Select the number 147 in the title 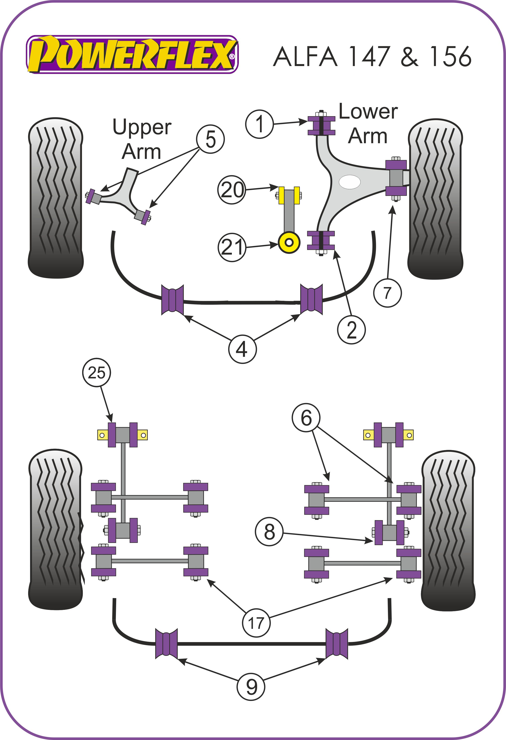tap(369, 57)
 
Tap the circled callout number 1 tap(260, 124)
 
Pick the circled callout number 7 tap(387, 293)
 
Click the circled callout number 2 tap(351, 330)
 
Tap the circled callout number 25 tap(97, 373)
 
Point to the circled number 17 tap(256, 623)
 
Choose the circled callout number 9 tap(251, 687)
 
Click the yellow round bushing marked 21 tap(289, 243)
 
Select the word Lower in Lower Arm tap(368, 112)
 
